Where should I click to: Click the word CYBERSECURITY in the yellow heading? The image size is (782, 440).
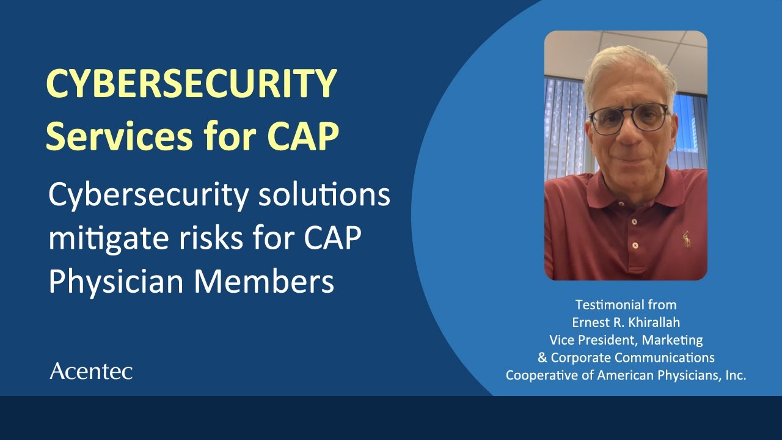191,84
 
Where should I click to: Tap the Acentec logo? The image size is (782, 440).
91,371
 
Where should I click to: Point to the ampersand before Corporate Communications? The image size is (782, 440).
543,358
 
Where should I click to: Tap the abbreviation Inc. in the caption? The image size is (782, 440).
734,375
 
